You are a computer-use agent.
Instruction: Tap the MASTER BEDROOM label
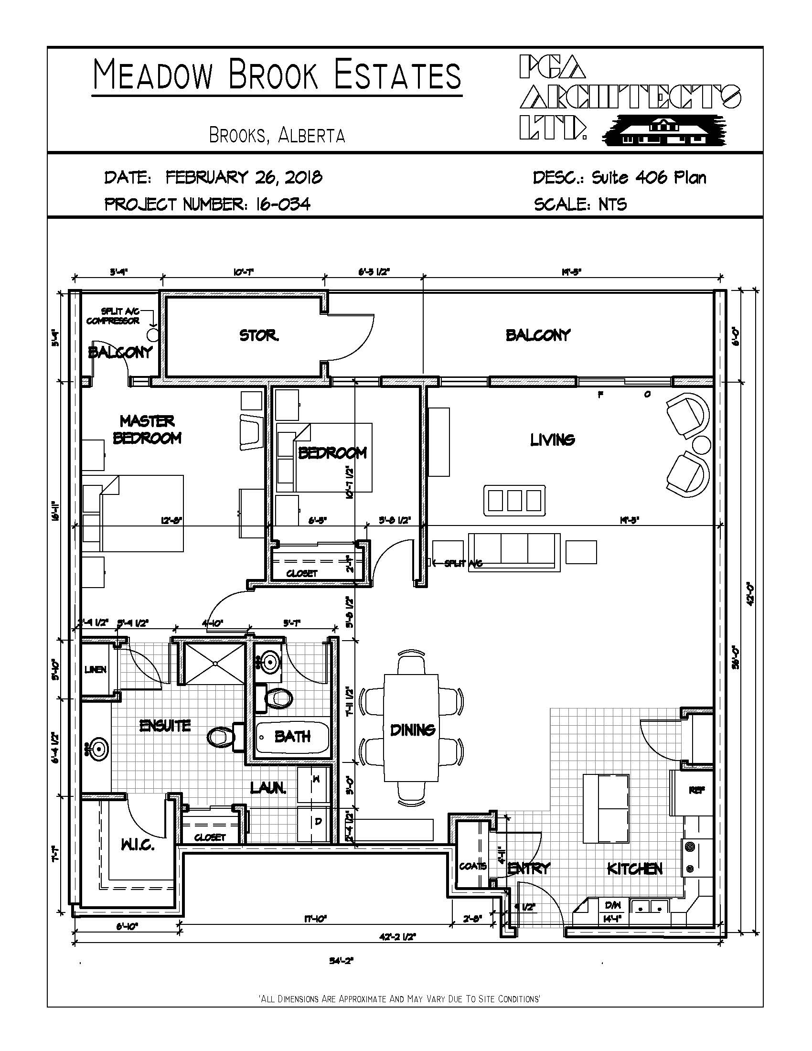tap(147, 429)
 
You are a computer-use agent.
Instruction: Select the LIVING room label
tap(552, 440)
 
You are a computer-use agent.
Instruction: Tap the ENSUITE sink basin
tap(97, 749)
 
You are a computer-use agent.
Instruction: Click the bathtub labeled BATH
tap(291, 737)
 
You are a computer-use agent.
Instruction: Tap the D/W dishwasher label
tap(613, 905)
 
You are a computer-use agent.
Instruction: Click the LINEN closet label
tap(95, 669)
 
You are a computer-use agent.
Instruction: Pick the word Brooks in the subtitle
tap(235, 136)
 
